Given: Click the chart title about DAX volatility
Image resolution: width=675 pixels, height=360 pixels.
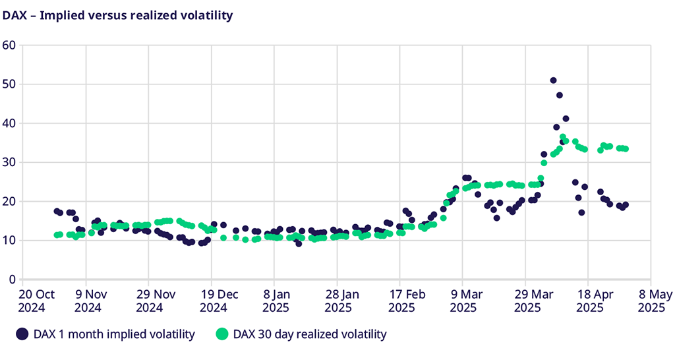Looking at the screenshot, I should (118, 15).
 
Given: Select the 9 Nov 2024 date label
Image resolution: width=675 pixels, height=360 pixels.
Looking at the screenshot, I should (87, 301).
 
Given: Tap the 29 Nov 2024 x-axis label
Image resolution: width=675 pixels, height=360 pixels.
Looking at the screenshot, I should (150, 301).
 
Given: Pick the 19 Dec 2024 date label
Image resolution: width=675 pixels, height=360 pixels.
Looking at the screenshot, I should (213, 301).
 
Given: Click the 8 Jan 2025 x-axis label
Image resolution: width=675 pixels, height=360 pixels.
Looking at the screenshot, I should (276, 301).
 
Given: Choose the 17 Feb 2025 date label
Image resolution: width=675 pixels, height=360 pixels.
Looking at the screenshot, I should (401, 301).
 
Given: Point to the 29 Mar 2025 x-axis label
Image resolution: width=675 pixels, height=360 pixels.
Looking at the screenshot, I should (527, 301).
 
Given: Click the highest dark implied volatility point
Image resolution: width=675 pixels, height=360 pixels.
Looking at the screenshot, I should (553, 80).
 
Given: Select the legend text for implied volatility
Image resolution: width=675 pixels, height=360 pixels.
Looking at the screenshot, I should (114, 334).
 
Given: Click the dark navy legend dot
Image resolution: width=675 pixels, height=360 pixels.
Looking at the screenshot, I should (22, 334).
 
